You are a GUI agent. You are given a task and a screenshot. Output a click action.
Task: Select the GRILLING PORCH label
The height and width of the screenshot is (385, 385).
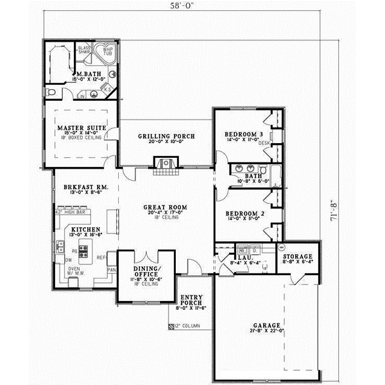[166, 137]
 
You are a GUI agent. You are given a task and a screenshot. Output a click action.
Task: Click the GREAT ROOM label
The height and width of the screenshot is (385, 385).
[165, 207]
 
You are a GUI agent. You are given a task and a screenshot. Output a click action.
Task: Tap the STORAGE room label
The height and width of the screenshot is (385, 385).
[298, 256]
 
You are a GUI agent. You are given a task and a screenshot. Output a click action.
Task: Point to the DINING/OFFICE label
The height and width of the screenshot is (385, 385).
[146, 272]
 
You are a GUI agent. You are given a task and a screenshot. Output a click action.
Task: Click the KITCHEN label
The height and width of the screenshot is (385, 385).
[84, 229]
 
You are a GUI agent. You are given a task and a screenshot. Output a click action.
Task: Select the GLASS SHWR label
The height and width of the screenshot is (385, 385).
[84, 51]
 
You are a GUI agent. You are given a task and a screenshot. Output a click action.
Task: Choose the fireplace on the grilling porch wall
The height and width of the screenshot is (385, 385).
[166, 166]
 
